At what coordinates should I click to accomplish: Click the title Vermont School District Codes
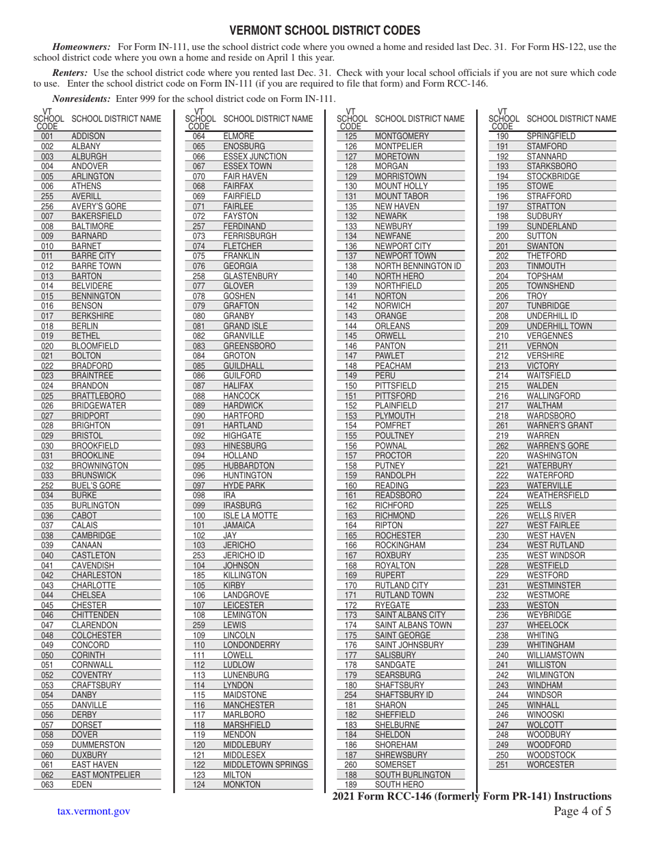pos(324,31)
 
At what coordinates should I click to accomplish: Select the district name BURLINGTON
pos(96,506)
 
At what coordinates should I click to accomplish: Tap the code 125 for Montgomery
pos(351,137)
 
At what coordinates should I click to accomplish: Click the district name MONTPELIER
pos(399,146)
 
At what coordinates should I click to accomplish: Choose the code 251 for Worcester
pos(503,764)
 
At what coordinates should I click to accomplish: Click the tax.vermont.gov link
pos(94,811)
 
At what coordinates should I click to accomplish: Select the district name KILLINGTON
pos(246,576)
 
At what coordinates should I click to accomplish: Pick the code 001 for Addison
pos(47,137)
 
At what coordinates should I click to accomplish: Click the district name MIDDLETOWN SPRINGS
pos(265,764)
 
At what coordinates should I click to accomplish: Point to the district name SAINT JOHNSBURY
pos(409,645)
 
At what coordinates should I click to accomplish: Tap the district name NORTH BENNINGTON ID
pos(418,266)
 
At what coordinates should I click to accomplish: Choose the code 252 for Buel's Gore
pos(47,485)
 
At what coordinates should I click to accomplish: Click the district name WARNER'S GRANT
pos(560,425)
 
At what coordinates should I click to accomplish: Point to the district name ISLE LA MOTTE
pos(250,516)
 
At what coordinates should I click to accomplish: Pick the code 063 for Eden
pos(47,785)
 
